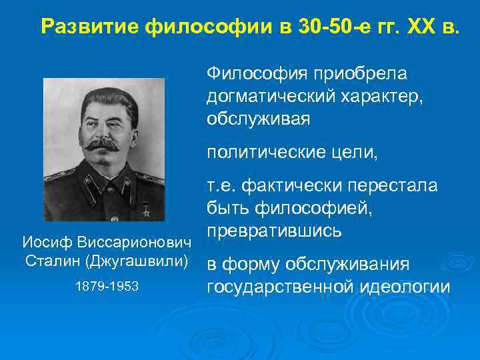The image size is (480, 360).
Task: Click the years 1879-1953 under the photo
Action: [107, 285]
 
